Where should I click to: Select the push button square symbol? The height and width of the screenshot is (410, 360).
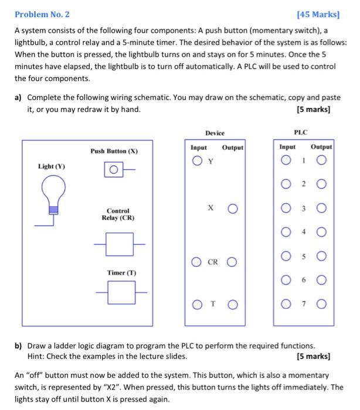click(114, 171)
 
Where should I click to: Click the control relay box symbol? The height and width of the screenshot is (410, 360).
click(120, 241)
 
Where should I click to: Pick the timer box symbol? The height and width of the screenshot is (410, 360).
click(120, 292)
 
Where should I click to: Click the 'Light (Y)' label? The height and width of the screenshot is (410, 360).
click(52, 166)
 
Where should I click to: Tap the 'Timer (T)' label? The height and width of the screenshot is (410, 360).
click(121, 273)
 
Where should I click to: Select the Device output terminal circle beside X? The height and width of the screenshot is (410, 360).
click(233, 208)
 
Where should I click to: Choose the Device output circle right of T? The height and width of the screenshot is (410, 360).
click(233, 304)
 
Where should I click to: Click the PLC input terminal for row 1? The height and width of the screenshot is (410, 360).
click(286, 162)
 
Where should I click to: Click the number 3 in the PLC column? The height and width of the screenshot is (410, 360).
click(304, 208)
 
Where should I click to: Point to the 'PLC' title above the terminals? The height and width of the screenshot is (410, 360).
click(304, 132)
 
